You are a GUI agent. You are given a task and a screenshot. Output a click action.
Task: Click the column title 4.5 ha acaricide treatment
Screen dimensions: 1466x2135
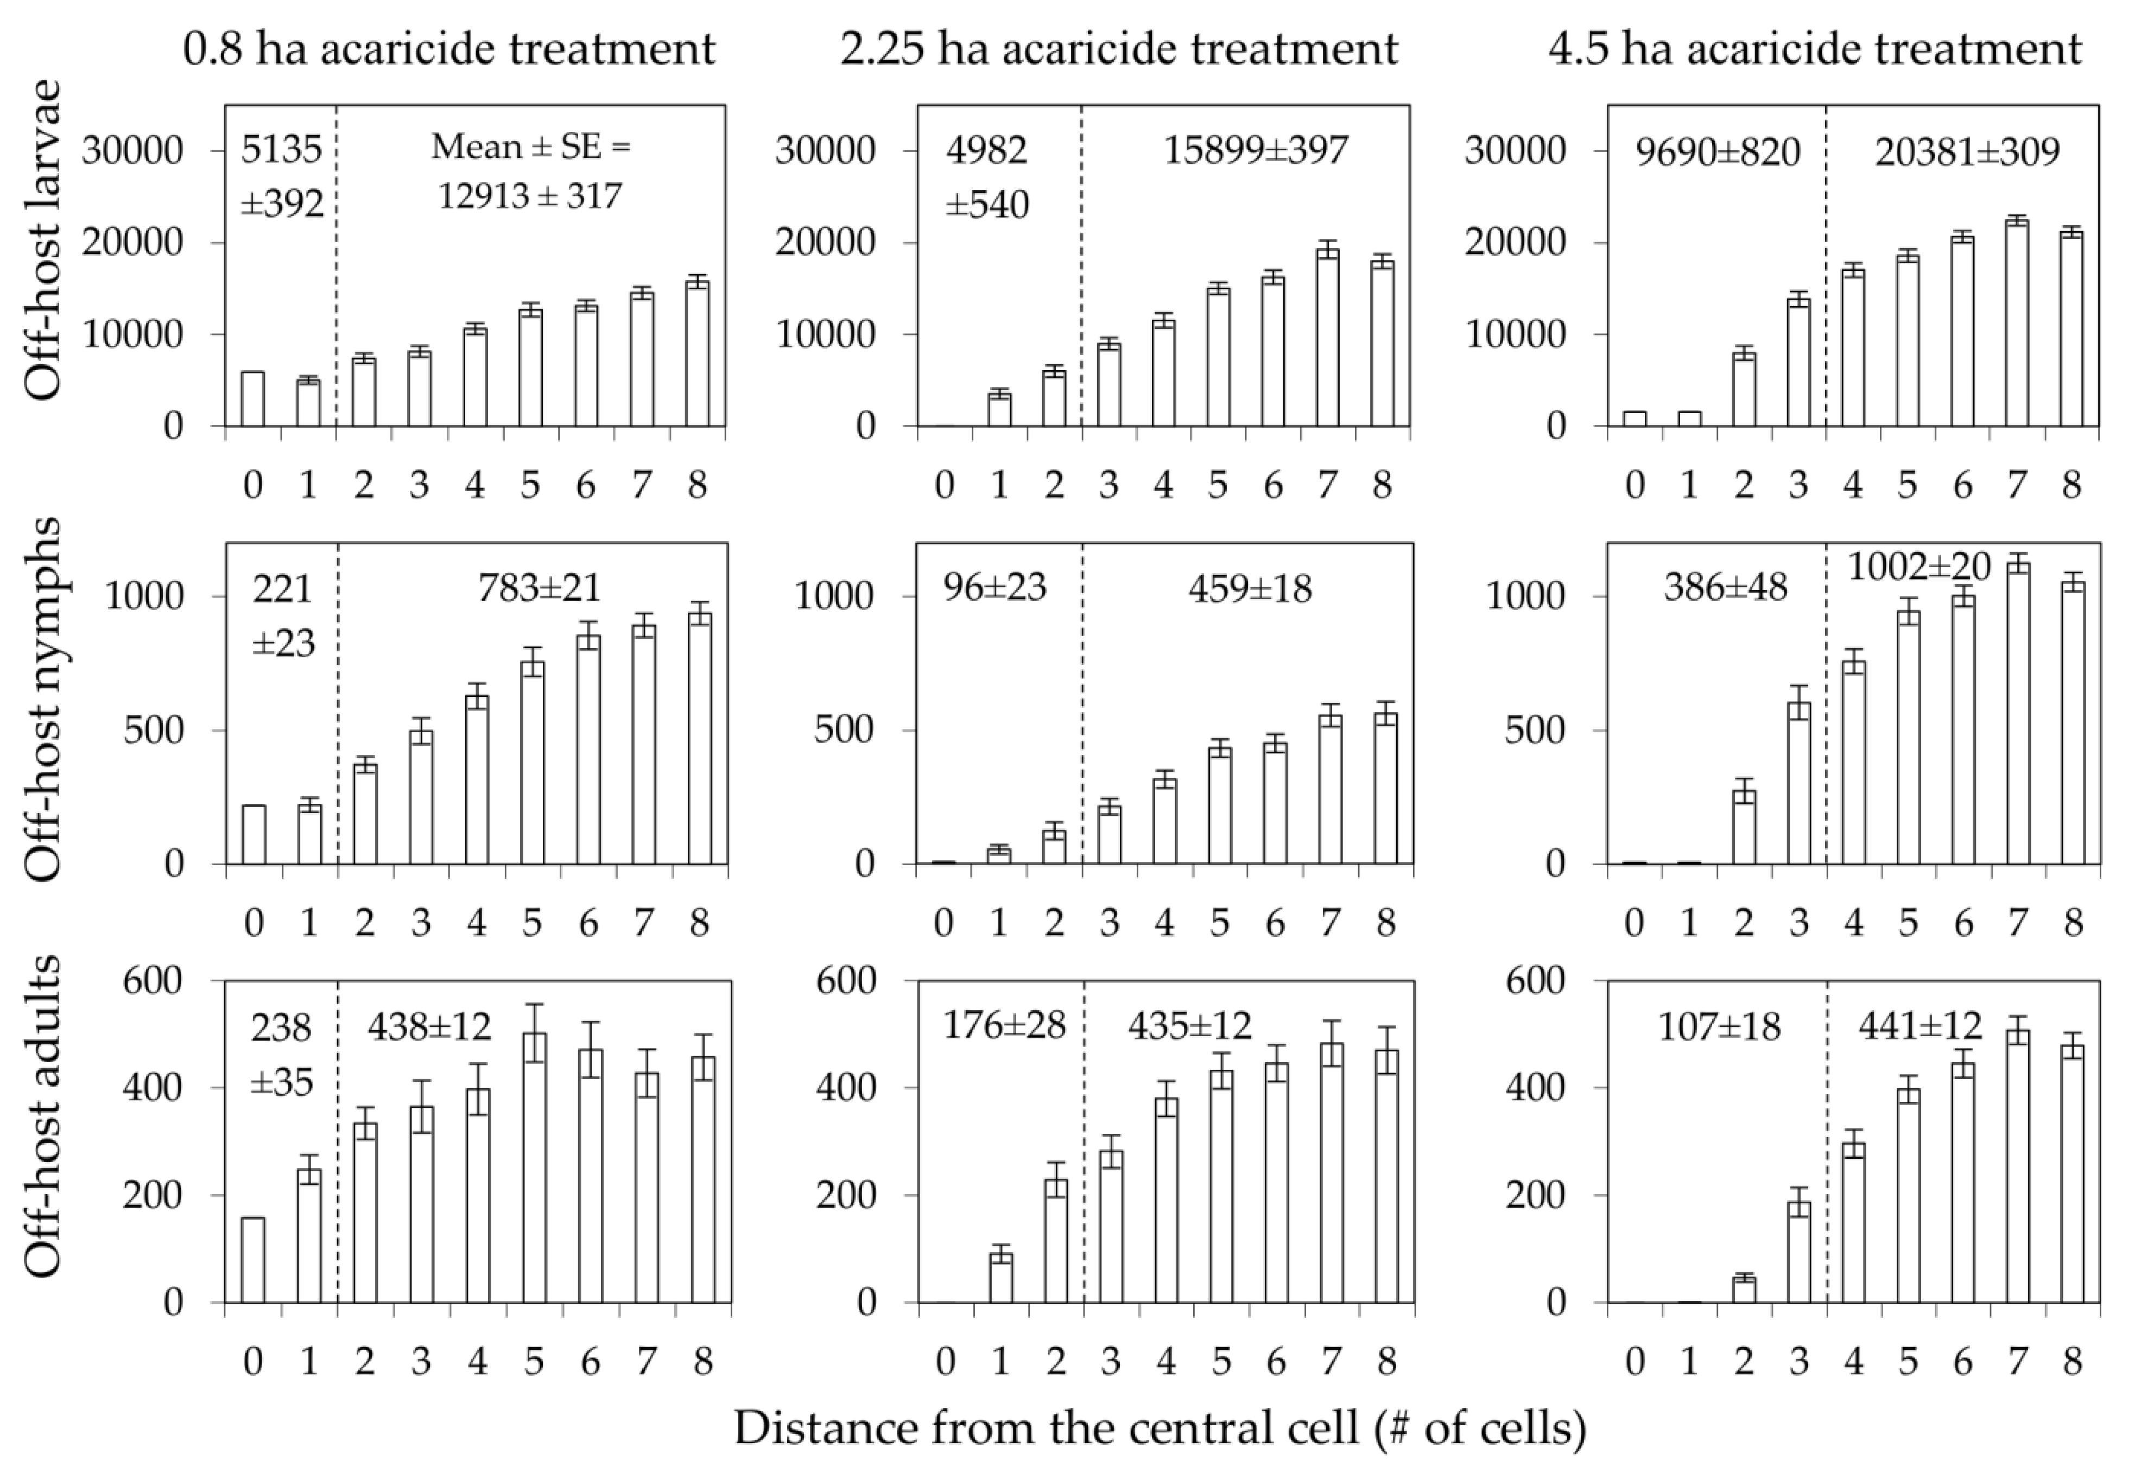tap(1814, 48)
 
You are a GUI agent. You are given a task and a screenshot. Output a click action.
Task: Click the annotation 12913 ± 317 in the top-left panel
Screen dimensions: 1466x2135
tap(530, 195)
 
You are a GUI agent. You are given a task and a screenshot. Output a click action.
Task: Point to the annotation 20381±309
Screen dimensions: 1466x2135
tap(1967, 151)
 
